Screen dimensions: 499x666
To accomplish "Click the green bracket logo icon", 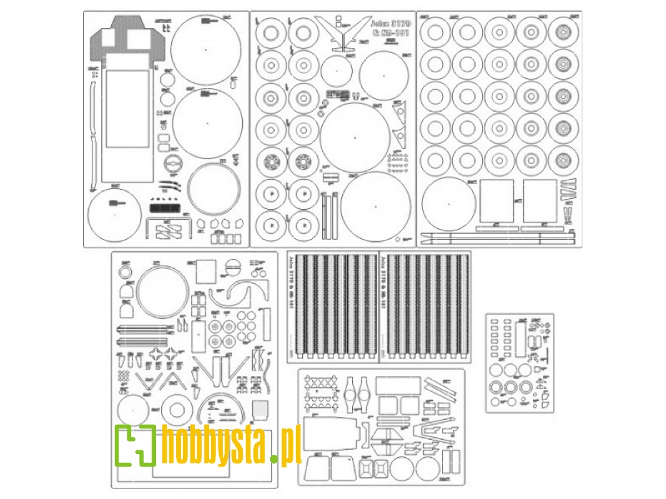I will coord(135,445).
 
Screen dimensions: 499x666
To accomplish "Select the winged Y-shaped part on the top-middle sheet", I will coord(340,32).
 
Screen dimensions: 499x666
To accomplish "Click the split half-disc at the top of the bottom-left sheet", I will coord(232,266).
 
